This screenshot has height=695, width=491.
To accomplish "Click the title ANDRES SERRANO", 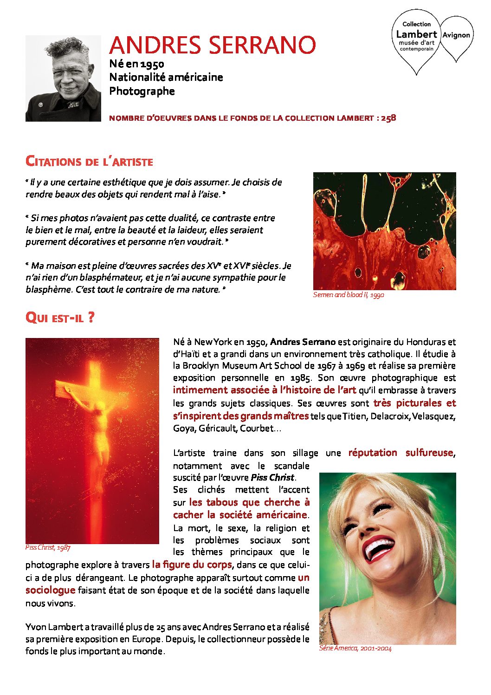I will click(213, 45).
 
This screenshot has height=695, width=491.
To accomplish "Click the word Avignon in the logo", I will click(456, 35).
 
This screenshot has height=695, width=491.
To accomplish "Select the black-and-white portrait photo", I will click(63, 78).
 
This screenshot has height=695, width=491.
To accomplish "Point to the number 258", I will click(388, 118).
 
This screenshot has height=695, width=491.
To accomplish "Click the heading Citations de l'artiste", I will click(89, 162).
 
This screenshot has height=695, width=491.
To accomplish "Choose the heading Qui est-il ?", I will click(60, 318).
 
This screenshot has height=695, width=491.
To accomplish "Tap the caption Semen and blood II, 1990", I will click(349, 295).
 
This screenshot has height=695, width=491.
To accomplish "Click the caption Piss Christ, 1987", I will click(48, 547).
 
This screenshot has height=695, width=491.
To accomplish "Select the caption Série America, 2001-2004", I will click(355, 649).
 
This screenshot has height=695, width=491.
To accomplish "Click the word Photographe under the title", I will click(142, 91).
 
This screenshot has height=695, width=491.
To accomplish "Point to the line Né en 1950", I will click(136, 64).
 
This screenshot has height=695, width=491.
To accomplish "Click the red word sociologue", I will click(50, 590).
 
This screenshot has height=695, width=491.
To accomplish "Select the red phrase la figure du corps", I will click(192, 565).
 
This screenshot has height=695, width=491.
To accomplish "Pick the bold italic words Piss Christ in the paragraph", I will click(272, 477).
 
